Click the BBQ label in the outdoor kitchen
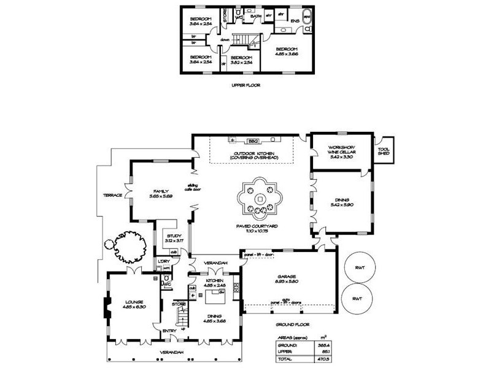(x=252, y=140)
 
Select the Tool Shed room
(x=384, y=151)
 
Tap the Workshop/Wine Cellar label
(x=342, y=151)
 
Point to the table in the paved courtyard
(x=260, y=198)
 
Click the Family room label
(x=160, y=193)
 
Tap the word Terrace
(x=112, y=195)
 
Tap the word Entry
(x=169, y=332)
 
